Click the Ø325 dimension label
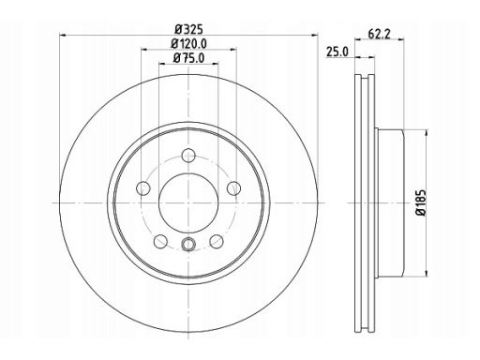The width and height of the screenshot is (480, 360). point(189,29)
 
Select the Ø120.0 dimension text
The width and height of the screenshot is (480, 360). point(188,44)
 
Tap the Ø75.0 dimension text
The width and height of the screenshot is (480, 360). point(188,58)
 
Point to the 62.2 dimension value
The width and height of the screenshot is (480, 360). point(379,34)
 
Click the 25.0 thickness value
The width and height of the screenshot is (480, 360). point(337,52)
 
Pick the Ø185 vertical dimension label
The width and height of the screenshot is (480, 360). point(421,202)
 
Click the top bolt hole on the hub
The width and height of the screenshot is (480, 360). point(188,156)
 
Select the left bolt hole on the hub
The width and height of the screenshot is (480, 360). point(143,188)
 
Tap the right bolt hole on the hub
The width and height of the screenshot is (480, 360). point(233,188)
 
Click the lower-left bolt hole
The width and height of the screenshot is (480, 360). point(161,241)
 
